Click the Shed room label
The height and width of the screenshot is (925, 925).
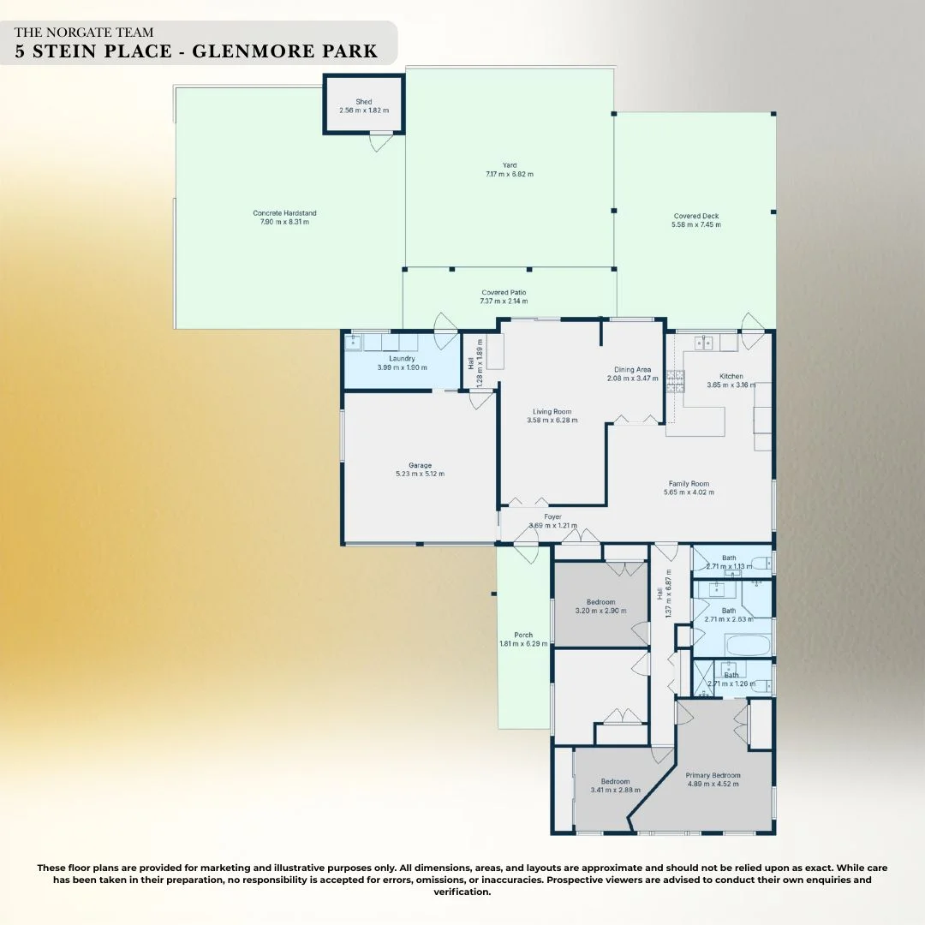364,102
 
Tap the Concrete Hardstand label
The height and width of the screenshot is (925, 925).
284,213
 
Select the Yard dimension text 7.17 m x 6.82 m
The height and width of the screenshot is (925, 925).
509,174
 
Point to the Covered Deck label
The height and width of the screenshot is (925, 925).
695,216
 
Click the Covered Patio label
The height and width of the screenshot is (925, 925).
504,293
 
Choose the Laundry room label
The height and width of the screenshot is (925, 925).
402,358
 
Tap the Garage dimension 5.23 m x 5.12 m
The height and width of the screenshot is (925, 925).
420,474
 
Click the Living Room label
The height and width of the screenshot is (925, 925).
552,411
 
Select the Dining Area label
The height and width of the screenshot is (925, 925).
632,369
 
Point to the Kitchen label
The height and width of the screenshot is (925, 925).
731,376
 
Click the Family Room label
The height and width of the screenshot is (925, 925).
689,484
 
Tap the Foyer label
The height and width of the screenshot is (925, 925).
552,516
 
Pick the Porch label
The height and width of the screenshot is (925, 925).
522,635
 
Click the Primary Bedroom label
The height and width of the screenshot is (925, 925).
713,775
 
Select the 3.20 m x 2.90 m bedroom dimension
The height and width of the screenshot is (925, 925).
600,611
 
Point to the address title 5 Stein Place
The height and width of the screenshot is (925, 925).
196,51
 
